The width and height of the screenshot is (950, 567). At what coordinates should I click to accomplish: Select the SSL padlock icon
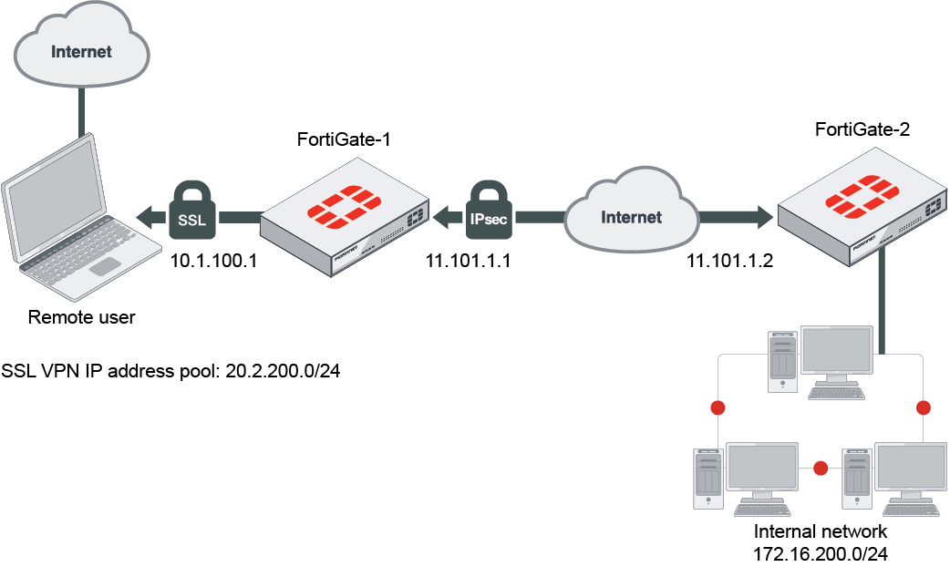[x=191, y=214]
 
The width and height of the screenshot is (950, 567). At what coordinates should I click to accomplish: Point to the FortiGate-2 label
[x=862, y=129]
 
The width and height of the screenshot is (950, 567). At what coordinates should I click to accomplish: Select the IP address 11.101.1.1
[x=468, y=261]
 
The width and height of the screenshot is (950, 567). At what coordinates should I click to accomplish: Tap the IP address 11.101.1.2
[x=729, y=261]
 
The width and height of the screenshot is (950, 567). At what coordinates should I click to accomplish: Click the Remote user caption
[x=81, y=317]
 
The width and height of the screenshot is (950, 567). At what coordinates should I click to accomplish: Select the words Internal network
[x=821, y=531]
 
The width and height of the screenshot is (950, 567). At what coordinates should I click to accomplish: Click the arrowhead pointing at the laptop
[x=146, y=216]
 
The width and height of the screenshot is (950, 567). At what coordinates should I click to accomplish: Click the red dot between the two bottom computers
[x=821, y=469]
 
